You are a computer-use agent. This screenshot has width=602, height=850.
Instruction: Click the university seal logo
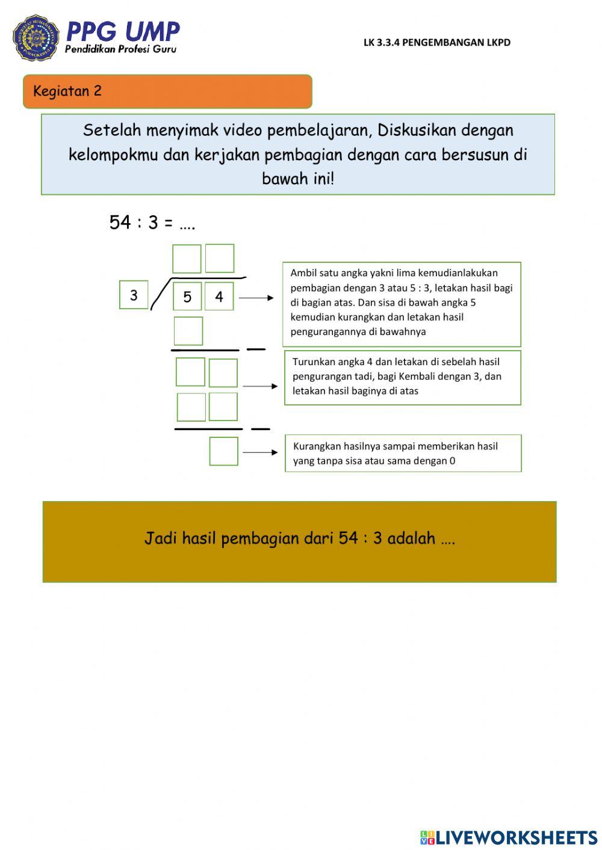[x=36, y=38]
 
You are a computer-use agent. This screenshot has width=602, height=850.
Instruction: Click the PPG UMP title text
[x=123, y=31]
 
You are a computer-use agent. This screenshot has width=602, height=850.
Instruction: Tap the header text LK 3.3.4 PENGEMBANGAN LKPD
[x=436, y=42]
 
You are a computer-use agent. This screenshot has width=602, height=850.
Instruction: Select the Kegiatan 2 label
[x=67, y=91]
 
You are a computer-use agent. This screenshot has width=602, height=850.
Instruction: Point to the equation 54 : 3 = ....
[x=141, y=223]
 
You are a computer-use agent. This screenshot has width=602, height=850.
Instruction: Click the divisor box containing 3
[x=134, y=295]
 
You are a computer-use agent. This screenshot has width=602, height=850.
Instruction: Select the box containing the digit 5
[x=187, y=297]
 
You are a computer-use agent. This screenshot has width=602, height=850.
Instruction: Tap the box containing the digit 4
[x=219, y=297]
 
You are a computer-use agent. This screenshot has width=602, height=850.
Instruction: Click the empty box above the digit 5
[x=187, y=259]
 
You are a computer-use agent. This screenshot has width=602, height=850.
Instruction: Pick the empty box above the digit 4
[x=220, y=258]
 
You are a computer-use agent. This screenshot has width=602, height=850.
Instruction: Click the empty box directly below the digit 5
[x=188, y=331]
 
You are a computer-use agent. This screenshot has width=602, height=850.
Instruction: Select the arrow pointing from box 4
[x=256, y=298]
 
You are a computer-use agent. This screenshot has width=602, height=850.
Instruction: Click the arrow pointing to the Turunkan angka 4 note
[x=260, y=386]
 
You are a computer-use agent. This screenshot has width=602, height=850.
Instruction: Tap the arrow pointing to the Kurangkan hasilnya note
[x=260, y=452]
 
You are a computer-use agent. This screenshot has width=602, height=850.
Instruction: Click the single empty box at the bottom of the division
[x=224, y=451]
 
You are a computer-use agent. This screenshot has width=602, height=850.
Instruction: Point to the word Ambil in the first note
[x=303, y=273]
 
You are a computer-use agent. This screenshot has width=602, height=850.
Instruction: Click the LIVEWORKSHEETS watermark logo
[x=509, y=837]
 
